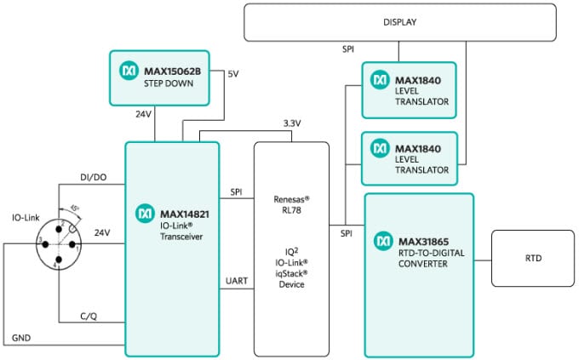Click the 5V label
(233, 74)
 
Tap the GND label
(23, 338)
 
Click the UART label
(237, 282)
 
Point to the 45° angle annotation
(77, 208)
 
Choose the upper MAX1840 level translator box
(416, 89)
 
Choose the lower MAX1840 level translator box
(416, 158)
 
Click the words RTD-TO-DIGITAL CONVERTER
(434, 258)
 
